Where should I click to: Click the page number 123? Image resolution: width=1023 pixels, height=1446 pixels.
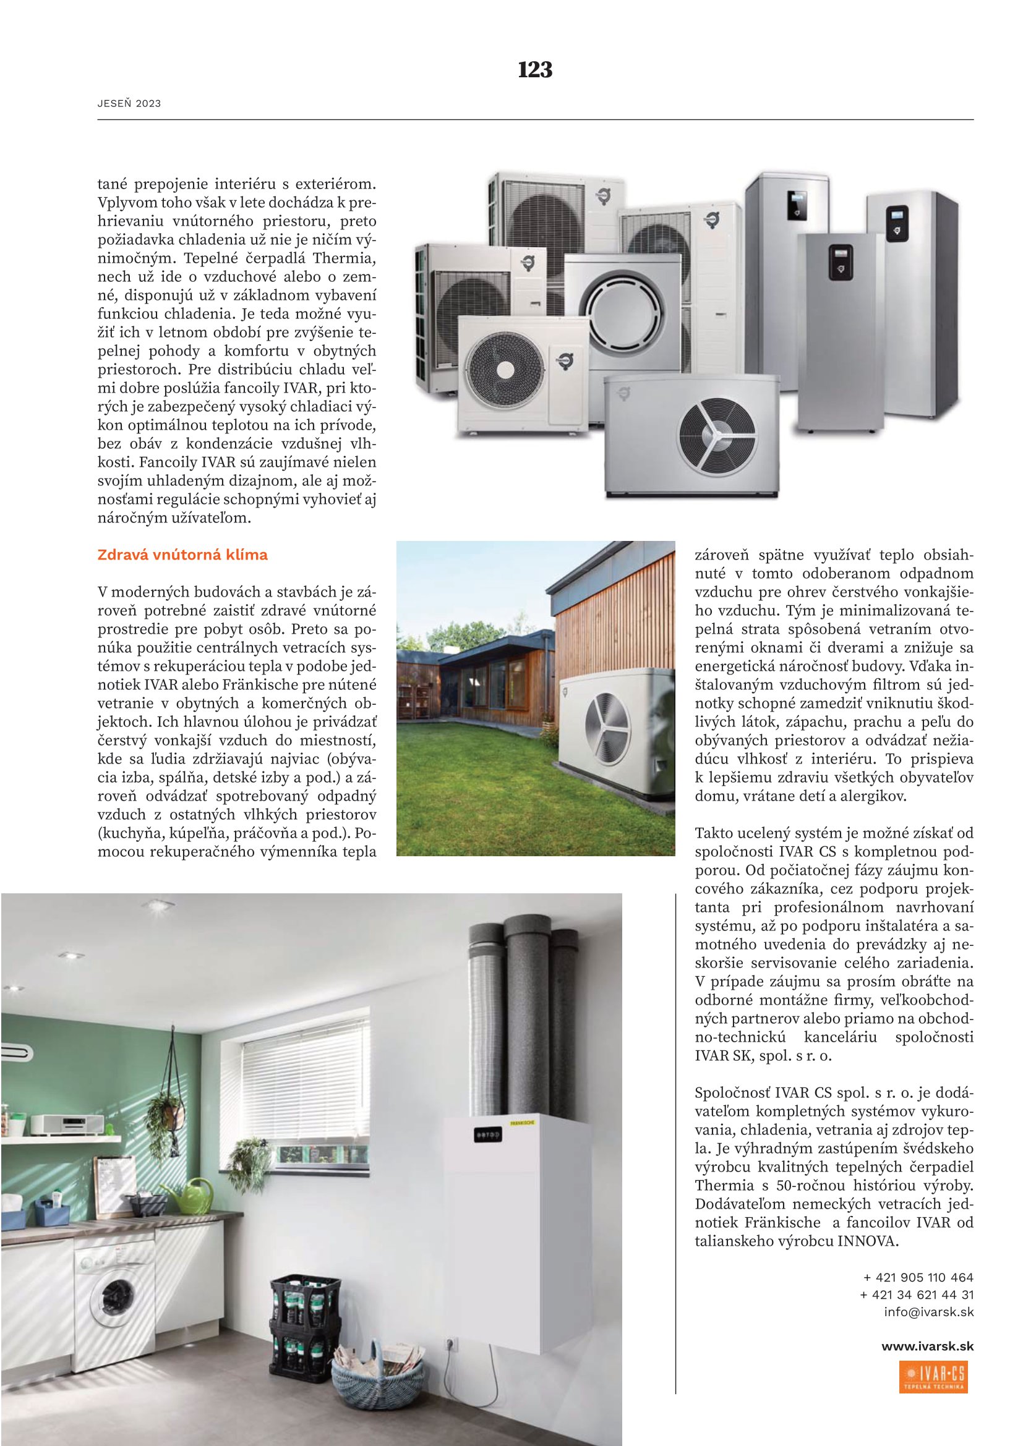[535, 69]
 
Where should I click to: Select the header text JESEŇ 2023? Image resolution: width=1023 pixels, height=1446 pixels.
[129, 104]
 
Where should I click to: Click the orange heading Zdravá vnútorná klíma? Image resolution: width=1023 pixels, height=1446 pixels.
[182, 555]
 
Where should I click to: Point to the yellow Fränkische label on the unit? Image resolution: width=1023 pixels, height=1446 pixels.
[522, 1123]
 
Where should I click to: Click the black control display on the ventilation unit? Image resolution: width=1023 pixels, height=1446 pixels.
[487, 1136]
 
